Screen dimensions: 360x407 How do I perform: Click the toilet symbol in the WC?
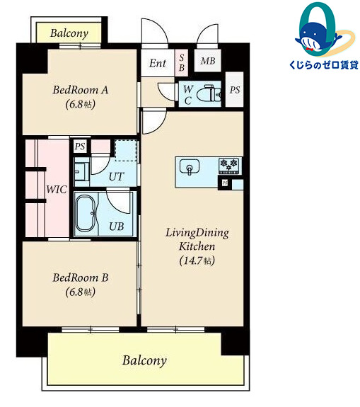(209, 93)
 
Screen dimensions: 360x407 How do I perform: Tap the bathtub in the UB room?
(86, 213)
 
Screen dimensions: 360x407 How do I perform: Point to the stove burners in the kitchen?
(228, 166)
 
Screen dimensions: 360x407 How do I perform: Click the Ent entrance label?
(158, 63)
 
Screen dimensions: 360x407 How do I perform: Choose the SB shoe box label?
(182, 62)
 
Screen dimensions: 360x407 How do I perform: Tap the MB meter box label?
(208, 61)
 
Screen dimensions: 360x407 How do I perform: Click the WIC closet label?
(57, 189)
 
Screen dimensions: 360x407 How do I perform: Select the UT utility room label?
(116, 176)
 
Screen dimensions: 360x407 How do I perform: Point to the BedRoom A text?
(81, 90)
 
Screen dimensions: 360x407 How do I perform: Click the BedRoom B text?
(81, 277)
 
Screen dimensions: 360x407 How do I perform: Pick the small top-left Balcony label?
(69, 33)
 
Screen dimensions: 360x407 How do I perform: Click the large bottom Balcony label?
(144, 360)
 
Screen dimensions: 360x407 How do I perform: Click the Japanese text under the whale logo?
(323, 64)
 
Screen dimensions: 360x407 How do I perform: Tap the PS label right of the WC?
(235, 90)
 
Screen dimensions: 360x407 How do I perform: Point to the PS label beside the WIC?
(80, 147)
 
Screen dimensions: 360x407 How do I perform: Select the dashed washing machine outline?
(126, 151)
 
